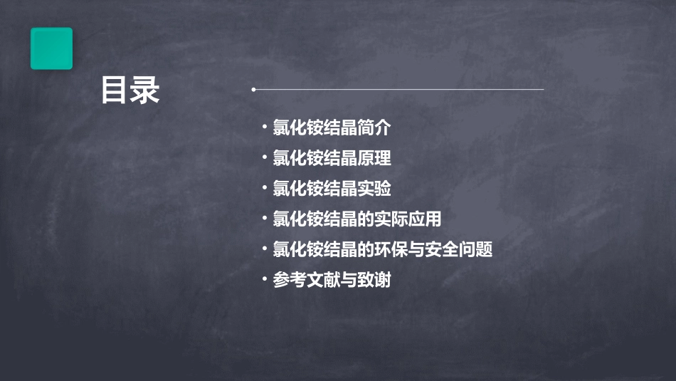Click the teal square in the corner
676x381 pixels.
click(x=51, y=48)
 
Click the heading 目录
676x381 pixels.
click(x=130, y=91)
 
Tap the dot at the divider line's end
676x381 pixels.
click(x=253, y=90)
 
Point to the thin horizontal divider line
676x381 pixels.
click(x=398, y=90)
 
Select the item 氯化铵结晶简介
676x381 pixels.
click(x=332, y=128)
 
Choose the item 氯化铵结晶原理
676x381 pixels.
click(x=332, y=159)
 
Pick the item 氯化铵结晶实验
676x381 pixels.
click(x=332, y=189)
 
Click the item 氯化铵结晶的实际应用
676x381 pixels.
click(x=357, y=219)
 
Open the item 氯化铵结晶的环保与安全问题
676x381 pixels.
click(x=382, y=250)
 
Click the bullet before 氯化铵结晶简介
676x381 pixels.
click(x=264, y=127)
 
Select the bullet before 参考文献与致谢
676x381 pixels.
click(x=264, y=279)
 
